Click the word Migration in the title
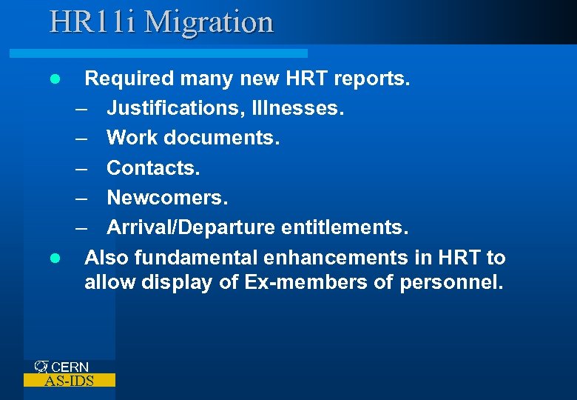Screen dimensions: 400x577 coord(209,21)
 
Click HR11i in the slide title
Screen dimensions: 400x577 coord(94,21)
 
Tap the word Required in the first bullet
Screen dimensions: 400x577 coord(124,78)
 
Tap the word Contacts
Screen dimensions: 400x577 coord(153,168)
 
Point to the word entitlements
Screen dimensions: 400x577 coord(345,228)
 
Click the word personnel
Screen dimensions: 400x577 coord(451,282)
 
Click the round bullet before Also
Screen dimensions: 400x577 coord(54,259)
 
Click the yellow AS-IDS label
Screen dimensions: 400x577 coord(70,381)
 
